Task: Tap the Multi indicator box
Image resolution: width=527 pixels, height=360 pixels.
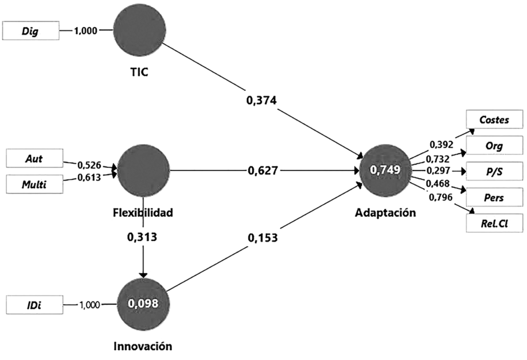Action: click(x=33, y=184)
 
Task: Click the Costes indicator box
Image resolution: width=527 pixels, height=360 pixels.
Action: click(x=494, y=120)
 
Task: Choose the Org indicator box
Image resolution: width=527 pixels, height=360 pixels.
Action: click(x=494, y=145)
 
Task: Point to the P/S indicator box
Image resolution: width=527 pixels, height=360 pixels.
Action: click(x=494, y=171)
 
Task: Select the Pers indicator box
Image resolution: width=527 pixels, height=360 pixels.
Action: click(x=494, y=197)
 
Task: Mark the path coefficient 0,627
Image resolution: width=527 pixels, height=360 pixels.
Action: click(x=263, y=170)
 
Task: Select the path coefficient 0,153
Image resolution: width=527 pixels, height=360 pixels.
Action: click(x=262, y=238)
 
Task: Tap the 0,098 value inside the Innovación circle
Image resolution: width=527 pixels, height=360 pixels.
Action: click(x=143, y=304)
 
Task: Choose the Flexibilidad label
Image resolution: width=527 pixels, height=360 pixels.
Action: click(x=143, y=213)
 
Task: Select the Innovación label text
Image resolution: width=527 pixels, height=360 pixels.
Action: click(x=143, y=347)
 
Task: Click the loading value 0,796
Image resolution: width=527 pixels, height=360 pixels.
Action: click(x=440, y=197)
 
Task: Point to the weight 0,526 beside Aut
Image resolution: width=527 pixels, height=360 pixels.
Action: click(x=89, y=165)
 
